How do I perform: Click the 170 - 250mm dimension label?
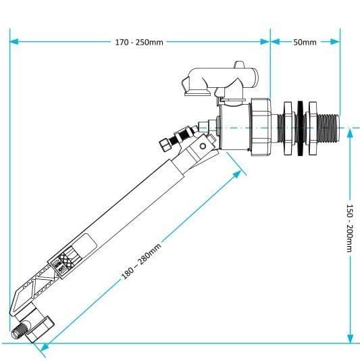(138, 42)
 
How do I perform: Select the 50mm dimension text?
(305, 42)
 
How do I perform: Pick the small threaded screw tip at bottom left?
(18, 332)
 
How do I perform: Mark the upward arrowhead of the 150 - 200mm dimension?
(349, 132)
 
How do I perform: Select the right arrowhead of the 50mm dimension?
(335, 41)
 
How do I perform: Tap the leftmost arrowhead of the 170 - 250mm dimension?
(14, 41)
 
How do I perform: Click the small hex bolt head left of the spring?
(164, 144)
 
